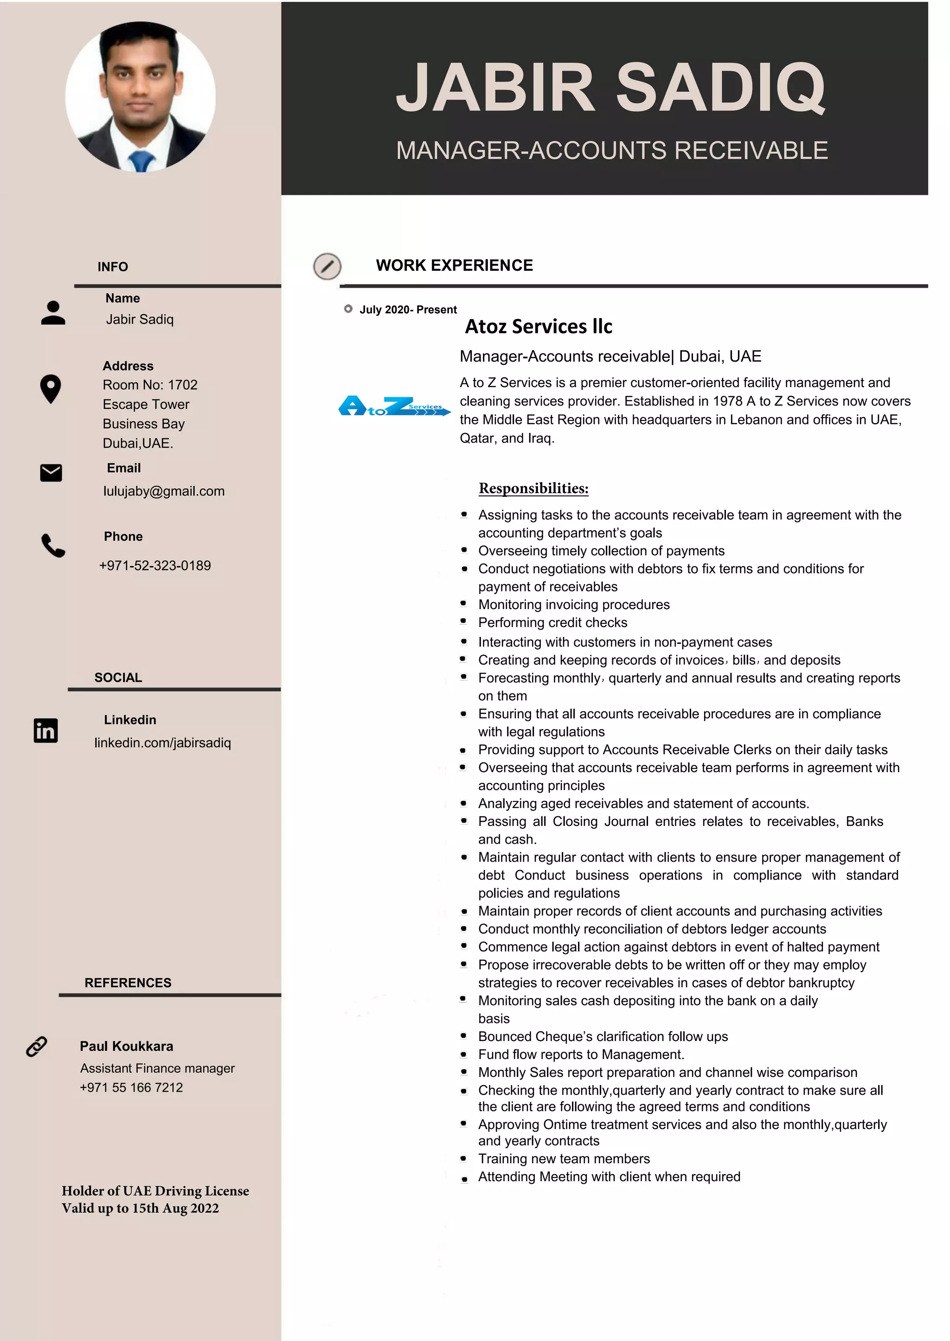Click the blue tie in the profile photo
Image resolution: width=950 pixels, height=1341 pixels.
[x=141, y=161]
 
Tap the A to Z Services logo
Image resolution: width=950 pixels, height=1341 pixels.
[x=394, y=406]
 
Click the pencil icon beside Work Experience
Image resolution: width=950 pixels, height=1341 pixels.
[x=327, y=267]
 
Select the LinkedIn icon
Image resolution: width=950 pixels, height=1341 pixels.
[x=45, y=731]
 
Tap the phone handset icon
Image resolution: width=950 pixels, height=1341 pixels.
[x=52, y=546]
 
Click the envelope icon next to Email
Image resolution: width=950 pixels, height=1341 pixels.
[x=51, y=473]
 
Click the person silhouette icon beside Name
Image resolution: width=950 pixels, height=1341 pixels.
[x=53, y=313]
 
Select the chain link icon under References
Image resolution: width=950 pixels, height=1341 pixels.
[x=36, y=1046]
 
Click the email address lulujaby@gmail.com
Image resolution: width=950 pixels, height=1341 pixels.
[x=164, y=491]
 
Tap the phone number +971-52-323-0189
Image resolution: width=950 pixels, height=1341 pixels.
[x=155, y=565]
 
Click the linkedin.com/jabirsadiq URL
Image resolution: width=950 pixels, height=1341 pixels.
[x=163, y=743]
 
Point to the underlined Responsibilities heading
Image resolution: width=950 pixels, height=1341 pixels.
[x=533, y=488]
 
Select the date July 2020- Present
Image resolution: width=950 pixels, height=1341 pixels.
[x=408, y=309]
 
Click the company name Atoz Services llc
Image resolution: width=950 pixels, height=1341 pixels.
[x=538, y=326]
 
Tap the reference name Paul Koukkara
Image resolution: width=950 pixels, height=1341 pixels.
[x=126, y=1046]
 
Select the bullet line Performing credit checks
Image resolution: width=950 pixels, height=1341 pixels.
[x=552, y=623]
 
